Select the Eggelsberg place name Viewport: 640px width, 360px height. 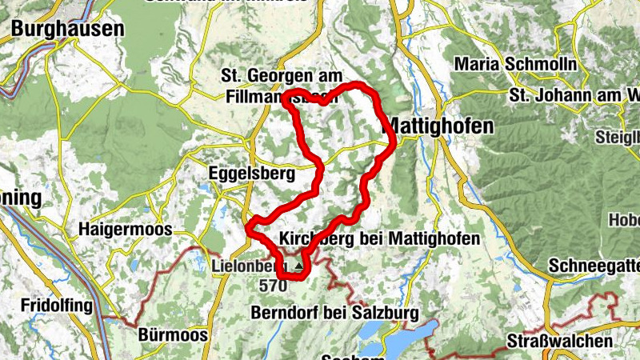tap(251, 173)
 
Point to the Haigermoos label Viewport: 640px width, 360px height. tap(125, 230)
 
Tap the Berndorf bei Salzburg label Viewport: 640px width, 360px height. tap(334, 313)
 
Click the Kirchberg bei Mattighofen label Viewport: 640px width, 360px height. tap(380, 239)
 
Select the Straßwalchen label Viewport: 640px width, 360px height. tap(560, 342)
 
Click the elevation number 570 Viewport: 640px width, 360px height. tap(272, 285)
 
